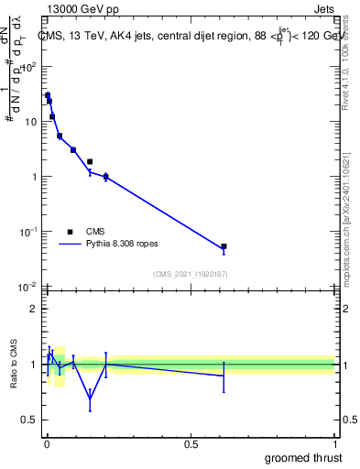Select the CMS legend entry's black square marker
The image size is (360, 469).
(x=71, y=232)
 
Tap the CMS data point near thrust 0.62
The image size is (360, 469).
(x=224, y=246)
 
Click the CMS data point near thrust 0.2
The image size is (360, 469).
(x=106, y=177)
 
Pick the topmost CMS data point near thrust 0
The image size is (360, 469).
(x=48, y=95)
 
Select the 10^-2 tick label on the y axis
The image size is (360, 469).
(x=26, y=288)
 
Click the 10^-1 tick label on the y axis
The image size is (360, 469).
(x=26, y=232)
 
